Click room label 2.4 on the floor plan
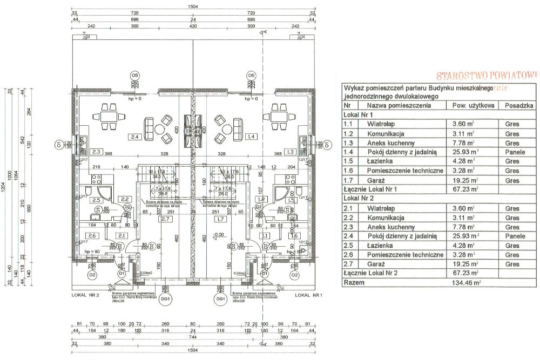point(135,138)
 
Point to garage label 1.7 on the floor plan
point(220,219)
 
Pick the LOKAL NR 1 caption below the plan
point(308,296)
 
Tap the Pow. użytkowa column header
point(473,106)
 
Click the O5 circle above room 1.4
point(251,75)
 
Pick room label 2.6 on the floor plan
point(91,236)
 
